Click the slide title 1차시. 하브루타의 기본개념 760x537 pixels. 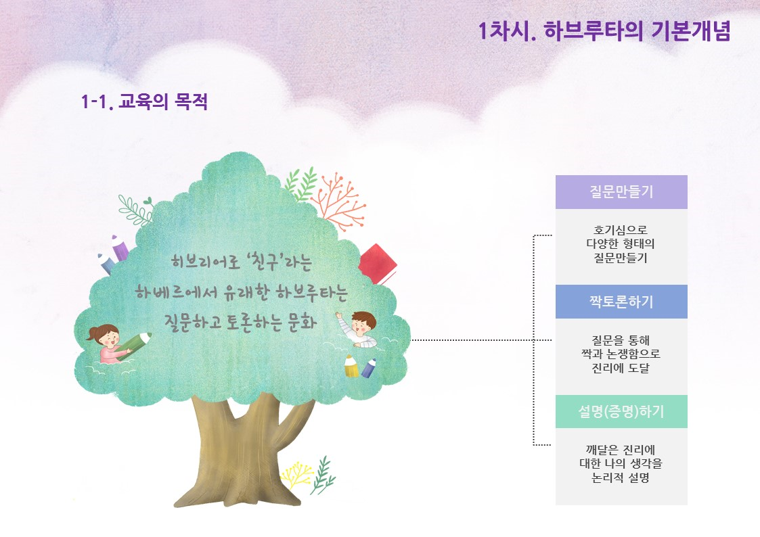[x=604, y=31]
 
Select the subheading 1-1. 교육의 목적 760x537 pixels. [x=144, y=101]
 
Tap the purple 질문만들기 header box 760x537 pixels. [x=621, y=192]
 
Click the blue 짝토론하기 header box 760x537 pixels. [x=621, y=302]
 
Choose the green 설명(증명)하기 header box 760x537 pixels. [x=621, y=412]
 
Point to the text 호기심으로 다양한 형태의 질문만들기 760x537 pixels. [x=621, y=243]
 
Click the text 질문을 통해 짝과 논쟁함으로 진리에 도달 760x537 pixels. [x=621, y=354]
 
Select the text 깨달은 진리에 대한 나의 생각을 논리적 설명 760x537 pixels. [x=621, y=464]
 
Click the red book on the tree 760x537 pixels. [x=378, y=264]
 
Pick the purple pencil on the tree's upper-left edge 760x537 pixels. [x=120, y=248]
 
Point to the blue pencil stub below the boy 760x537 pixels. [x=369, y=368]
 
